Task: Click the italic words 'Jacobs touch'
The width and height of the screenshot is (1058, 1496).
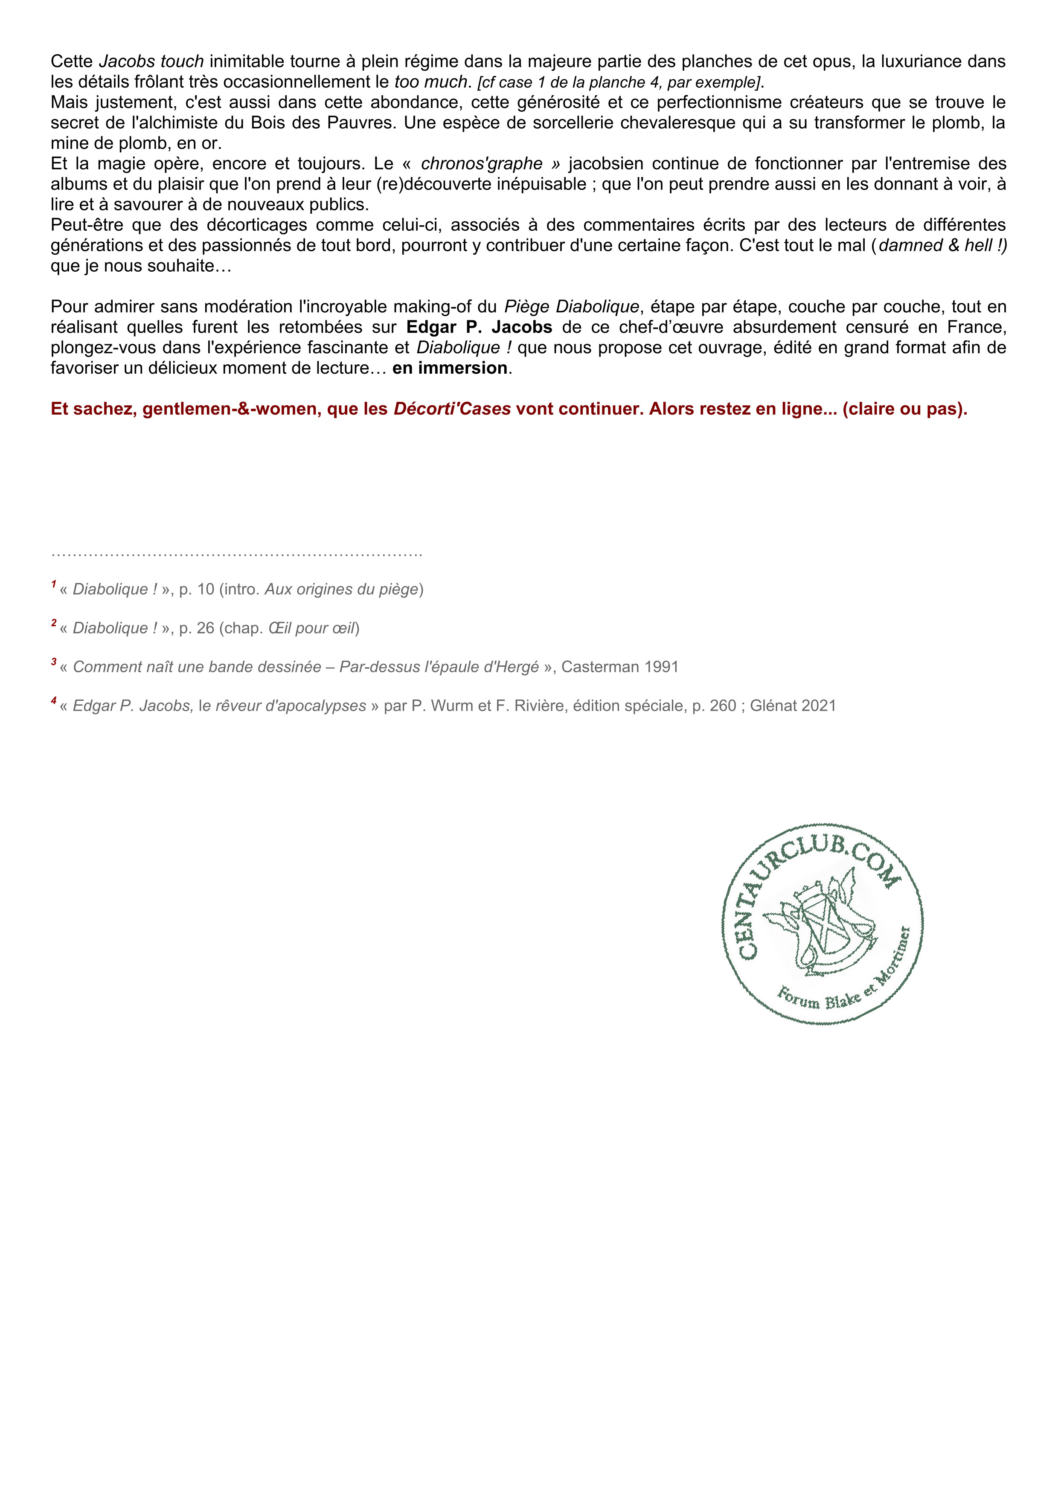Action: pyautogui.click(x=151, y=62)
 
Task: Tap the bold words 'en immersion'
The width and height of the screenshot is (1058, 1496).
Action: pyautogui.click(x=450, y=368)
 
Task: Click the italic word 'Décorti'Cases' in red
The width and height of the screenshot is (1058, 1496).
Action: pyautogui.click(x=452, y=409)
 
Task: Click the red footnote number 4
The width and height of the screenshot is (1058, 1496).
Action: pyautogui.click(x=53, y=702)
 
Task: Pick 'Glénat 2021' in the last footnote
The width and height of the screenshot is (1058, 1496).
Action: pyautogui.click(x=792, y=706)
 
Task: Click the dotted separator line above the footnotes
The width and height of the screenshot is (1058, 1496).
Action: pyautogui.click(x=236, y=555)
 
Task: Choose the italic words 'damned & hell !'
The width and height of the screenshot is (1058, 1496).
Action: pyautogui.click(x=942, y=246)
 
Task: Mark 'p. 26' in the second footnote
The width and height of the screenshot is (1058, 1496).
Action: pyautogui.click(x=197, y=628)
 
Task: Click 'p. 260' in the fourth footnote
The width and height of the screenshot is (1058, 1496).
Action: pyautogui.click(x=714, y=706)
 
